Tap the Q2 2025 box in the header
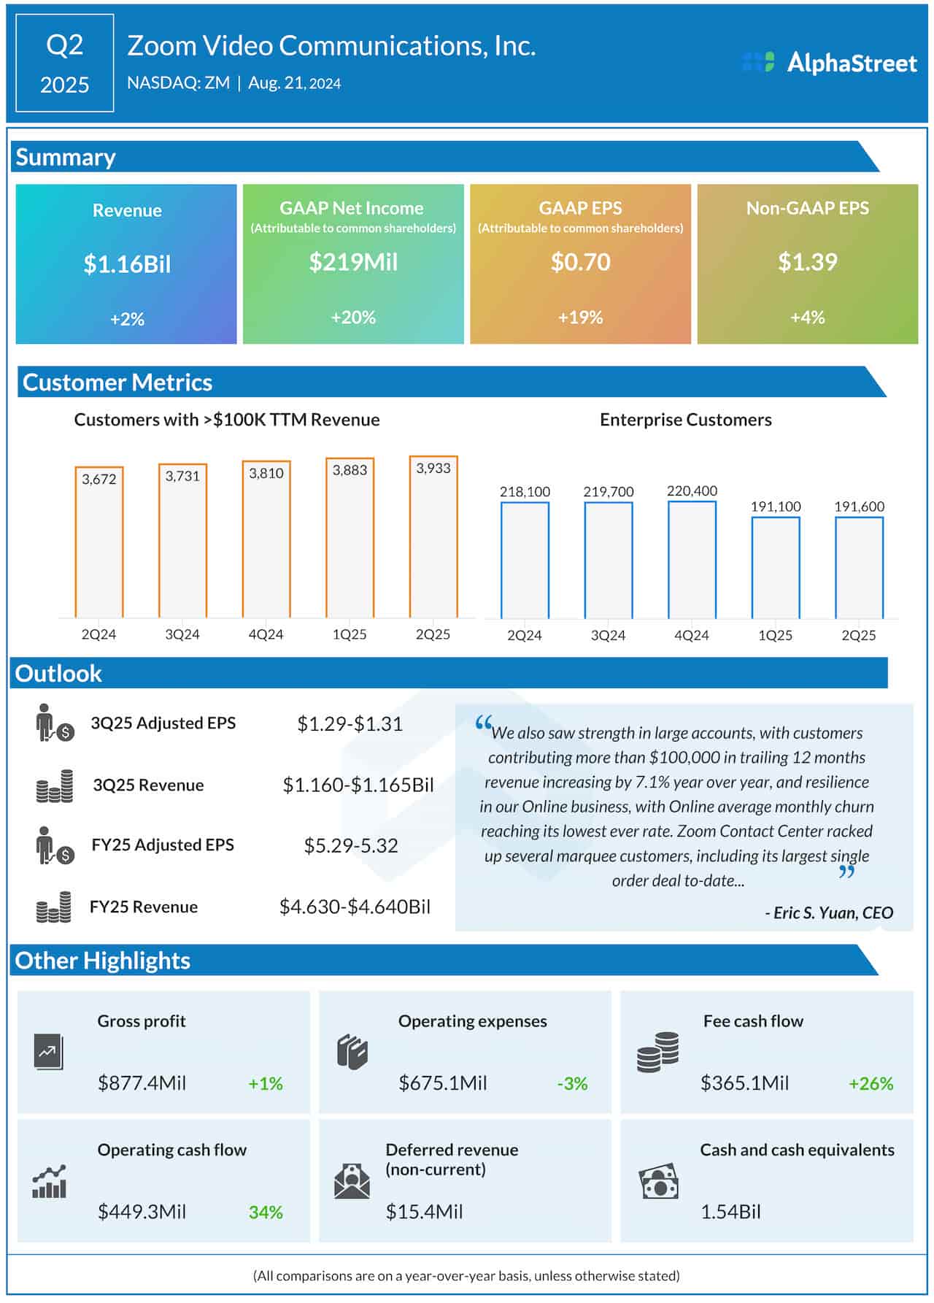coord(64,64)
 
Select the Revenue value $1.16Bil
coord(127,264)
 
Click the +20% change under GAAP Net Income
coord(353,318)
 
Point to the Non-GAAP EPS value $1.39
coord(807,262)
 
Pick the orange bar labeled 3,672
coord(99,544)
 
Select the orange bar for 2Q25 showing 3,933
coord(433,539)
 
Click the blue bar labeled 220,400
coord(692,561)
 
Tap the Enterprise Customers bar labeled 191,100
coord(776,568)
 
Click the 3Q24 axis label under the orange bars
coord(182,634)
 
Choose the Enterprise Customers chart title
coord(685,420)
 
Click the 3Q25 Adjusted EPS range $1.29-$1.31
coord(350,723)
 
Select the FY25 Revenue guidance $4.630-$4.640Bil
coord(355,907)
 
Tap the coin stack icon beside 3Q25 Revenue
coord(55,786)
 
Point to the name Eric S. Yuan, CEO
coord(828,912)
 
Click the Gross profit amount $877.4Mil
coord(142,1083)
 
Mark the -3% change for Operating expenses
coord(572,1083)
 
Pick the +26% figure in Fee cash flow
coord(871,1083)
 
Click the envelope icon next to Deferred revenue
coord(352,1181)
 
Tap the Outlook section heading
coord(58,673)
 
